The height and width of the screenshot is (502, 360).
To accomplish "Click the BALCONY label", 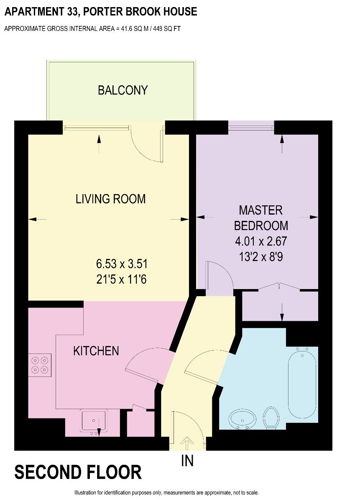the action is pyautogui.click(x=123, y=90).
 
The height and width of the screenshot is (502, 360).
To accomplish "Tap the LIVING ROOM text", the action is pyautogui.click(x=111, y=199).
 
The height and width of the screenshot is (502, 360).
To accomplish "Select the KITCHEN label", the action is pyautogui.click(x=96, y=351).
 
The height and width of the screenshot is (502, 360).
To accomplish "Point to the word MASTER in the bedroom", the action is pyautogui.click(x=261, y=210).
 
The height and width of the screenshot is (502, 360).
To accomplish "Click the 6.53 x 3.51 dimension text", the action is pyautogui.click(x=122, y=264).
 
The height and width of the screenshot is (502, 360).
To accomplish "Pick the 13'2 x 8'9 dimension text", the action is pyautogui.click(x=261, y=257).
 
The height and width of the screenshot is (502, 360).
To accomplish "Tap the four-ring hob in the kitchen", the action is pyautogui.click(x=40, y=365).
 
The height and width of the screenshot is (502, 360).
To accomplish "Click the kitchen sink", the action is pyautogui.click(x=94, y=421).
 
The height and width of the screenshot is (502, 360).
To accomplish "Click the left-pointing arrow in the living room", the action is pyautogui.click(x=37, y=219).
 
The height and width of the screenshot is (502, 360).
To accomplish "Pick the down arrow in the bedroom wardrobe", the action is pyautogui.click(x=282, y=312).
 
